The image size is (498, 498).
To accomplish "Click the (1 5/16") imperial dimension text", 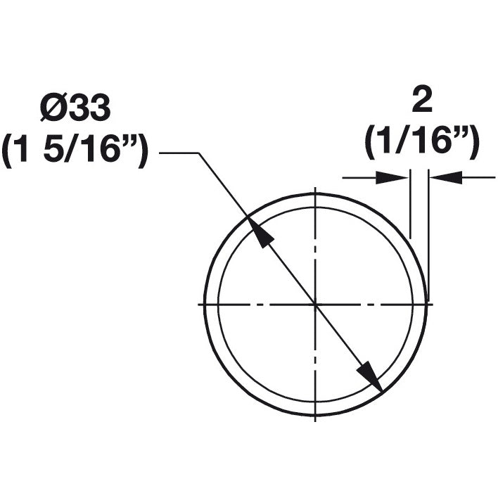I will point(75,151).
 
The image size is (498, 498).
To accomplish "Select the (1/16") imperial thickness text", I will point(421,143).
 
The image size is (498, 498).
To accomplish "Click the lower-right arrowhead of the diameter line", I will point(370,376).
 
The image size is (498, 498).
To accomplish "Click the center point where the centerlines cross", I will point(315,304).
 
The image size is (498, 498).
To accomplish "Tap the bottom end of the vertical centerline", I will point(315,419).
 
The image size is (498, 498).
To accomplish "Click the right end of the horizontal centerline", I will point(431,304).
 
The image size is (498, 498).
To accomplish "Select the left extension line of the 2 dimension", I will point(410,204).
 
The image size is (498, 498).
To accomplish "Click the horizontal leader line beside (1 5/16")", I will point(179,153).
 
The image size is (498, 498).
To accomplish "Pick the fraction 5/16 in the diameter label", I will point(84,151).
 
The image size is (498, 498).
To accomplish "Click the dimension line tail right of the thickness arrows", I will point(478,177).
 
